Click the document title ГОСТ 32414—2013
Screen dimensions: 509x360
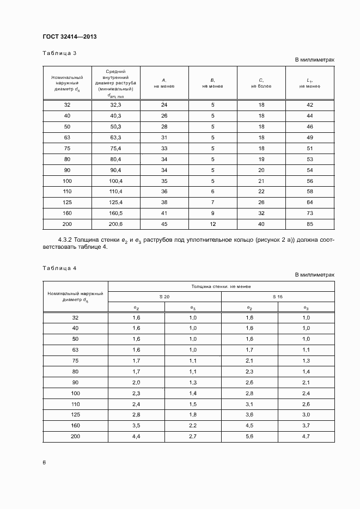click(x=69, y=36)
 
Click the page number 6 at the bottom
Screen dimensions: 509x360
click(x=44, y=462)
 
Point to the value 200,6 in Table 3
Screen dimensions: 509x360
click(x=115, y=224)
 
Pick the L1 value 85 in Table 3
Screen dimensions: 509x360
click(x=310, y=224)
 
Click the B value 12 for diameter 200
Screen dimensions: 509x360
click(x=212, y=224)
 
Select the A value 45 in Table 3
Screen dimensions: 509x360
click(x=164, y=224)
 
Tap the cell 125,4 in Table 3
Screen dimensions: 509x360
click(x=115, y=202)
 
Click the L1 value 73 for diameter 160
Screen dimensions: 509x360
click(x=310, y=213)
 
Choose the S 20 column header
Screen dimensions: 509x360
click(x=164, y=297)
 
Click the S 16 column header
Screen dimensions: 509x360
click(x=278, y=297)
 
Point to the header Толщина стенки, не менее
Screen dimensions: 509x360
click(x=221, y=286)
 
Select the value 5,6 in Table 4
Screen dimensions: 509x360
click(x=249, y=436)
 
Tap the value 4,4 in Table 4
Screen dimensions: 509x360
click(x=136, y=436)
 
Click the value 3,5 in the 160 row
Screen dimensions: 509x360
click(x=136, y=425)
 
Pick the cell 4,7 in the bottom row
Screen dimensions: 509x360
click(x=306, y=436)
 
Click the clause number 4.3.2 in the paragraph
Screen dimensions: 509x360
click(x=66, y=240)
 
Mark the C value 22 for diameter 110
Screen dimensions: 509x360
click(x=261, y=191)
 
